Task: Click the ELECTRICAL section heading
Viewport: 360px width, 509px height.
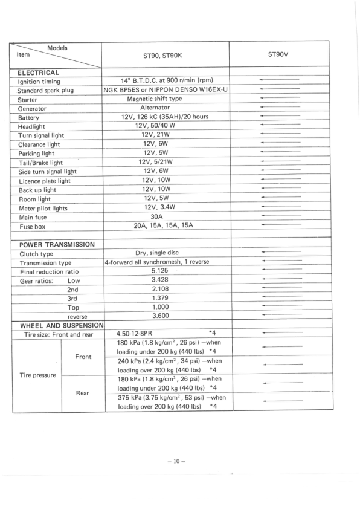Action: click(x=39, y=73)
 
